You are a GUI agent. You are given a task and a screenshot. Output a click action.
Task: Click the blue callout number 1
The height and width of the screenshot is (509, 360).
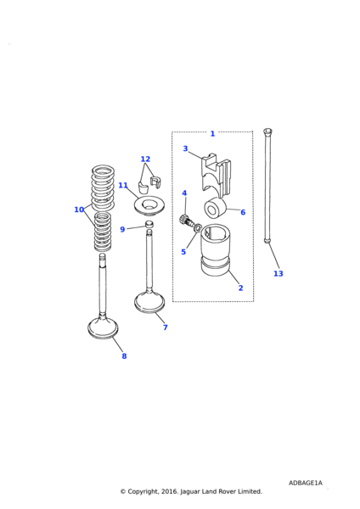[212, 133]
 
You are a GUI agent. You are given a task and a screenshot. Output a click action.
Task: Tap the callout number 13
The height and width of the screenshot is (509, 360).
[278, 274]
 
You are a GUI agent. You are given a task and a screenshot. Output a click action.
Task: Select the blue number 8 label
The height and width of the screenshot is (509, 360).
[124, 356]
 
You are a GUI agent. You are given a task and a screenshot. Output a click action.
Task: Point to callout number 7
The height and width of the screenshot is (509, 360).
[165, 327]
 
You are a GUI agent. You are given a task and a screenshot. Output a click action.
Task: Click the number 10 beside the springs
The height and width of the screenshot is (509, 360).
[79, 210]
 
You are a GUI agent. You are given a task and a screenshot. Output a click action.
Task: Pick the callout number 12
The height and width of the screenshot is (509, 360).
[145, 159]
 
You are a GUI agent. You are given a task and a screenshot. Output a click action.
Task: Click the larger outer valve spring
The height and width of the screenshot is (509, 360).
[103, 187]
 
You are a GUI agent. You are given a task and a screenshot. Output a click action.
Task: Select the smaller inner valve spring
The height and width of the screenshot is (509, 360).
[103, 232]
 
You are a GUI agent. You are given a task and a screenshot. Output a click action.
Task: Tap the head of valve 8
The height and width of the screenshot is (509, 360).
[103, 328]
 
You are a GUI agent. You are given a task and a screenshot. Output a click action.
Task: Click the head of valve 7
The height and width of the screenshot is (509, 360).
[149, 303]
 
